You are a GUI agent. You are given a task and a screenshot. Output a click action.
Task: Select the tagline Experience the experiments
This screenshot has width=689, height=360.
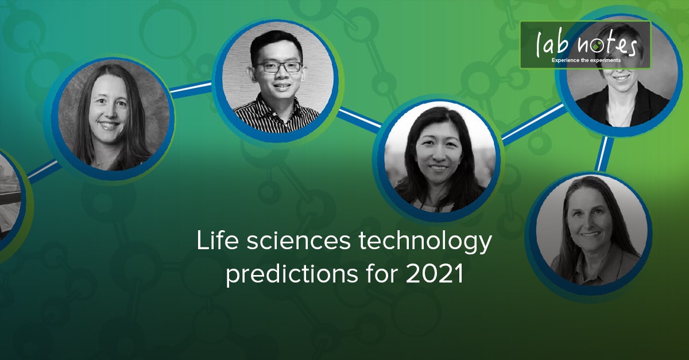(x=586, y=60)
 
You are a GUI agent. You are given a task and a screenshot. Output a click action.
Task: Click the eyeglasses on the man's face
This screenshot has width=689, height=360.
(x=278, y=67)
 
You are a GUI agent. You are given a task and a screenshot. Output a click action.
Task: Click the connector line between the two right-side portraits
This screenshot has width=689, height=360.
(x=603, y=154)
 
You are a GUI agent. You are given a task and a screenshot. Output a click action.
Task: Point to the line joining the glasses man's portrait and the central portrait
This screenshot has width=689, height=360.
(x=359, y=118)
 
